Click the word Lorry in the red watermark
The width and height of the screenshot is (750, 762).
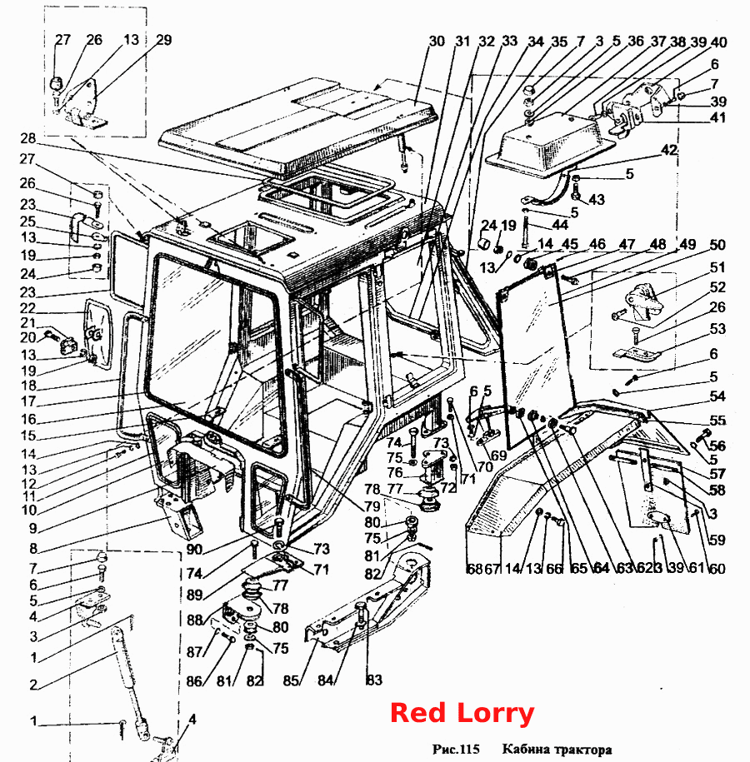(495, 714)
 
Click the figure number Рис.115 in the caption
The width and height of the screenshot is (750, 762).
(456, 749)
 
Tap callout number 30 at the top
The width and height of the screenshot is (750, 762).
(437, 42)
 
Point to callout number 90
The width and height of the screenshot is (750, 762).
(194, 550)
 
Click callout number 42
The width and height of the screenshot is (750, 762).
(669, 150)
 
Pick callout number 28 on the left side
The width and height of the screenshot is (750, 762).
(27, 138)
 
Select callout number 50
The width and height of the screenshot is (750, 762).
(717, 245)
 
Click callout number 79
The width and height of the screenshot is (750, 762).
(372, 506)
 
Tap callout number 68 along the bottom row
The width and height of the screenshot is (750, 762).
(474, 568)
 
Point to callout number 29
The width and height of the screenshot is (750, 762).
(163, 40)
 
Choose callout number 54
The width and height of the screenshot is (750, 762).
(717, 396)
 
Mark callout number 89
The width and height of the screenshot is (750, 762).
(194, 595)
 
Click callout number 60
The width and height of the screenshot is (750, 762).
(717, 568)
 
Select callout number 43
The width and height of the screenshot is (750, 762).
(597, 199)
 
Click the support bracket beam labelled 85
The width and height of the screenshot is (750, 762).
(367, 603)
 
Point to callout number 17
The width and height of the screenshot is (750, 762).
(27, 401)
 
